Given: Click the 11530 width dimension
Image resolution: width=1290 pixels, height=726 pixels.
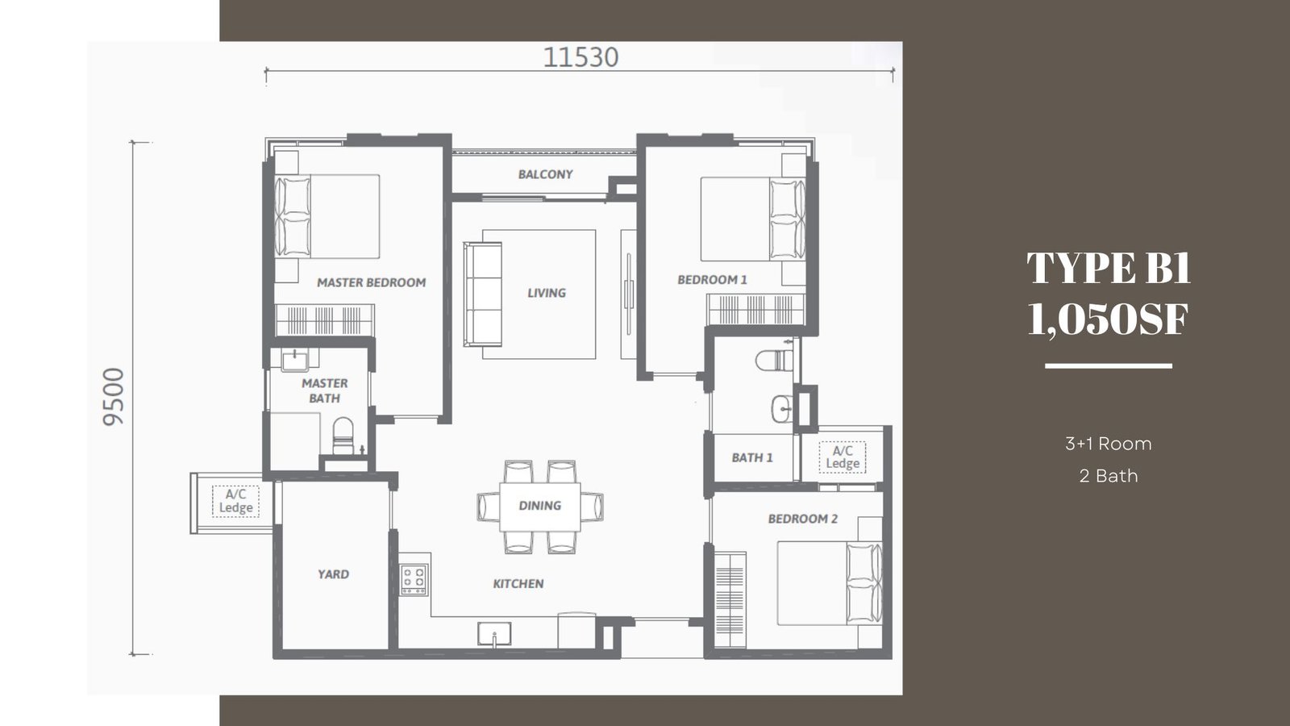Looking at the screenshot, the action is [580, 57].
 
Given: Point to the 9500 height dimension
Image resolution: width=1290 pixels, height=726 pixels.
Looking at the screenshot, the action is [114, 397].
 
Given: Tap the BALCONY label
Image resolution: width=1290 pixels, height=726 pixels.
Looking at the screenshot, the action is [545, 174].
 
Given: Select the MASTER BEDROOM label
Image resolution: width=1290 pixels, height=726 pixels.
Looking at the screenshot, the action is [372, 282].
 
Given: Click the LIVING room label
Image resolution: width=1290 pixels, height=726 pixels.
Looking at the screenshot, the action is [547, 293].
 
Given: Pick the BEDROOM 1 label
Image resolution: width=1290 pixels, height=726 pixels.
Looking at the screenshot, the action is [712, 279].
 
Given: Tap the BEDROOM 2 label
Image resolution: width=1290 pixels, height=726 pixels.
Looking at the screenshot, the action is [803, 519].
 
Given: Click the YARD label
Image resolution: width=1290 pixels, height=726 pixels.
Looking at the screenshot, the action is [334, 574].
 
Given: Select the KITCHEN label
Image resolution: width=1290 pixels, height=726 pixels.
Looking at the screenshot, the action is [518, 584].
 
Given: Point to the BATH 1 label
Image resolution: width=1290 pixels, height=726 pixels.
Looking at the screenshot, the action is [752, 457].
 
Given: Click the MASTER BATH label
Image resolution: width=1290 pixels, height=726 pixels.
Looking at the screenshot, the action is [325, 390].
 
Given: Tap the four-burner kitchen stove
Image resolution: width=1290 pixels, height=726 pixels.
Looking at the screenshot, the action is [414, 579].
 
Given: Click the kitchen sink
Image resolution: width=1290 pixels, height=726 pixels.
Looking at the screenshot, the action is [494, 634].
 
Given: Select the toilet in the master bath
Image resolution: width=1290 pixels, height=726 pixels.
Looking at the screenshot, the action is [343, 435].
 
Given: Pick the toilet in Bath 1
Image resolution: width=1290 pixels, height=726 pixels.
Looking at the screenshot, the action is [775, 361].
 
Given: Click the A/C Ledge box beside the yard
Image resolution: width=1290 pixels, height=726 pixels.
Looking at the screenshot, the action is [235, 501].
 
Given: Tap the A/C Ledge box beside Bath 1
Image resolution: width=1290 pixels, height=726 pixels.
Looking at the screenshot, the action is [843, 457].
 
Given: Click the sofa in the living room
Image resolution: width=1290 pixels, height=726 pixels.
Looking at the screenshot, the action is [483, 294].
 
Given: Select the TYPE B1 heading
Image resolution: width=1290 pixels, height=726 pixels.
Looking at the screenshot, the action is [1109, 268].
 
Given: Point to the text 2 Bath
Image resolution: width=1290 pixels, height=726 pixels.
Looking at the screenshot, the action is [1109, 476].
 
